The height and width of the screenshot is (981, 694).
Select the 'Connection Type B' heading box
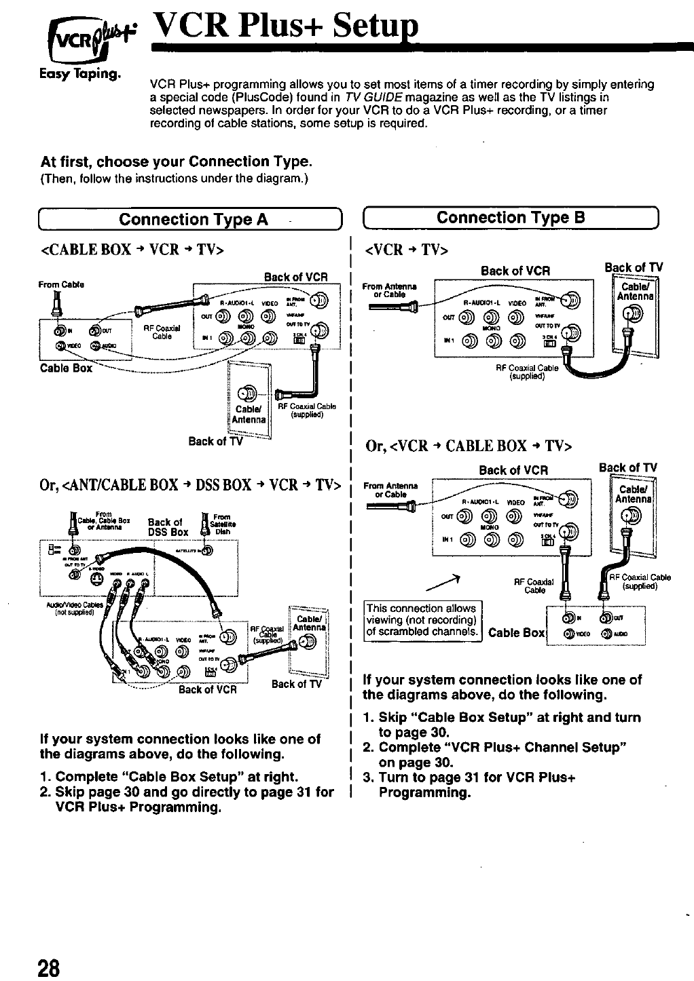pos(511,218)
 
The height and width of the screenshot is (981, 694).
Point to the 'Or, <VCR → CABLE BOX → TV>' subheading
pos(469,446)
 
